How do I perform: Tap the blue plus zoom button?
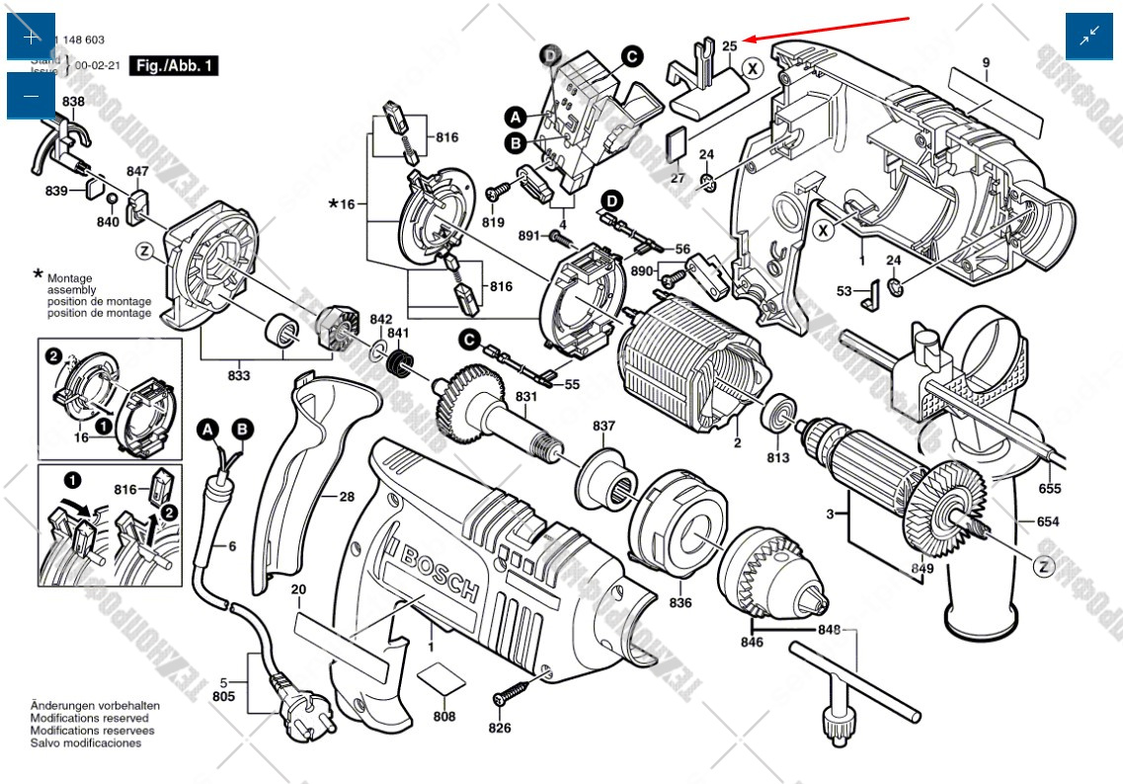point(31,37)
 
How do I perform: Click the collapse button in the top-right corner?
point(1089,37)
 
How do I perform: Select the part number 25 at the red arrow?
point(730,46)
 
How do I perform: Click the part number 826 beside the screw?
point(500,728)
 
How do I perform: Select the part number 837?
point(603,426)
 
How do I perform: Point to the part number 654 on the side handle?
point(1049,522)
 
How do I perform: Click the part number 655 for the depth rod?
point(1050,489)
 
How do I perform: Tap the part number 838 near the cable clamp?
point(73,102)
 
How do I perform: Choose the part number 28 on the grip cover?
point(346,497)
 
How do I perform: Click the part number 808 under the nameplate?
point(444,717)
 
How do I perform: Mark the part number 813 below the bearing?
point(778,458)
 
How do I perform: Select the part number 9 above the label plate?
point(985,63)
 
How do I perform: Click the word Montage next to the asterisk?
point(69,278)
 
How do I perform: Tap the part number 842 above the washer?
point(381,319)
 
